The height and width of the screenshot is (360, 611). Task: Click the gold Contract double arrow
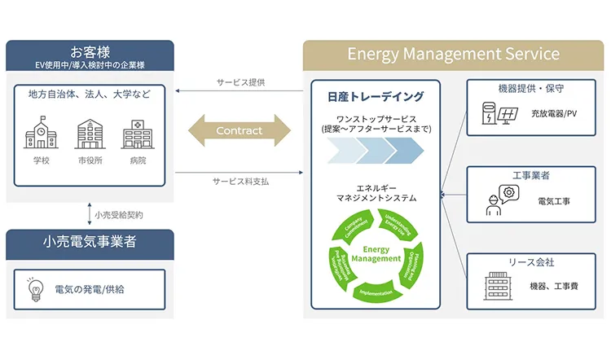click(240, 130)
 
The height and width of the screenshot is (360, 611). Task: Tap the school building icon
click(41, 133)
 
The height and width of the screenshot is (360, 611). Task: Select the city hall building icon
click(90, 134)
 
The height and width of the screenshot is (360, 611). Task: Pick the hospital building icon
click(137, 133)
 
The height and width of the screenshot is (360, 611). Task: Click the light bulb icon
click(35, 289)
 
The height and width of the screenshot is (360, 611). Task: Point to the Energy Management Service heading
click(453, 55)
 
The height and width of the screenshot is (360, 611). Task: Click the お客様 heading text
click(90, 51)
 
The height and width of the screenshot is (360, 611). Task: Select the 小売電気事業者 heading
click(90, 241)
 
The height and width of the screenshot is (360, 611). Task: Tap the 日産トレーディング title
click(376, 97)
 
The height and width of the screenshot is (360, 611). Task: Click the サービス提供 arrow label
click(240, 82)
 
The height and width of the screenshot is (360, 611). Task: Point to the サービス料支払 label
click(240, 181)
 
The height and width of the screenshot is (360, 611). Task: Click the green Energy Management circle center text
click(376, 254)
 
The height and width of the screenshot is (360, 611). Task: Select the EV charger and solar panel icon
click(499, 113)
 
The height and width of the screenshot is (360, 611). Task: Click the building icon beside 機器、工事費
click(495, 286)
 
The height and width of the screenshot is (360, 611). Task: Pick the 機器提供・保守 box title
click(530, 88)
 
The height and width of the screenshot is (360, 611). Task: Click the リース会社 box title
click(530, 263)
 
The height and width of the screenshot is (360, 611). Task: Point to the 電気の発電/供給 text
click(90, 289)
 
